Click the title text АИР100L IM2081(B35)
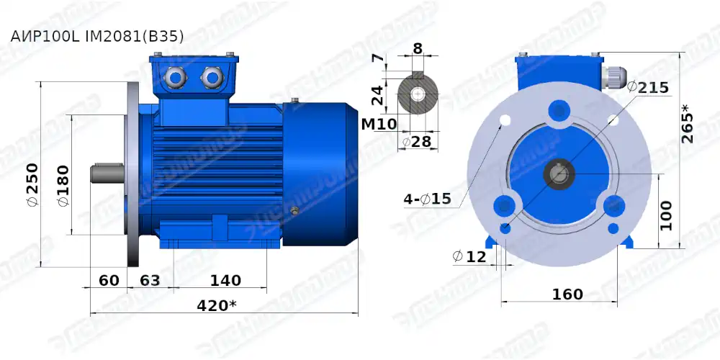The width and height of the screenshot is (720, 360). click(96, 35)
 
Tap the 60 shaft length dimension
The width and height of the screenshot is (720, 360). click(109, 280)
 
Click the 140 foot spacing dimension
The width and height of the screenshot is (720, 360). click(225, 280)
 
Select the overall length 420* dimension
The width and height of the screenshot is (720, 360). click(217, 305)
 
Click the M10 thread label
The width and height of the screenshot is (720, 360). click(379, 125)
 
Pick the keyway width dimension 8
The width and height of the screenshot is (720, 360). click(418, 49)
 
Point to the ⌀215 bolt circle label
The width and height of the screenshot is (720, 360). click(648, 87)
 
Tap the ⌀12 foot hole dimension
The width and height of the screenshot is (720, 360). click(469, 256)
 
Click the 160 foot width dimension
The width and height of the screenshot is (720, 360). click(567, 294)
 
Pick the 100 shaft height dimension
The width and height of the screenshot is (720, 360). click(667, 215)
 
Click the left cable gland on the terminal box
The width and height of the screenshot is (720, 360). click(175, 75)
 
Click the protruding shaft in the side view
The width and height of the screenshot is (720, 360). click(108, 174)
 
